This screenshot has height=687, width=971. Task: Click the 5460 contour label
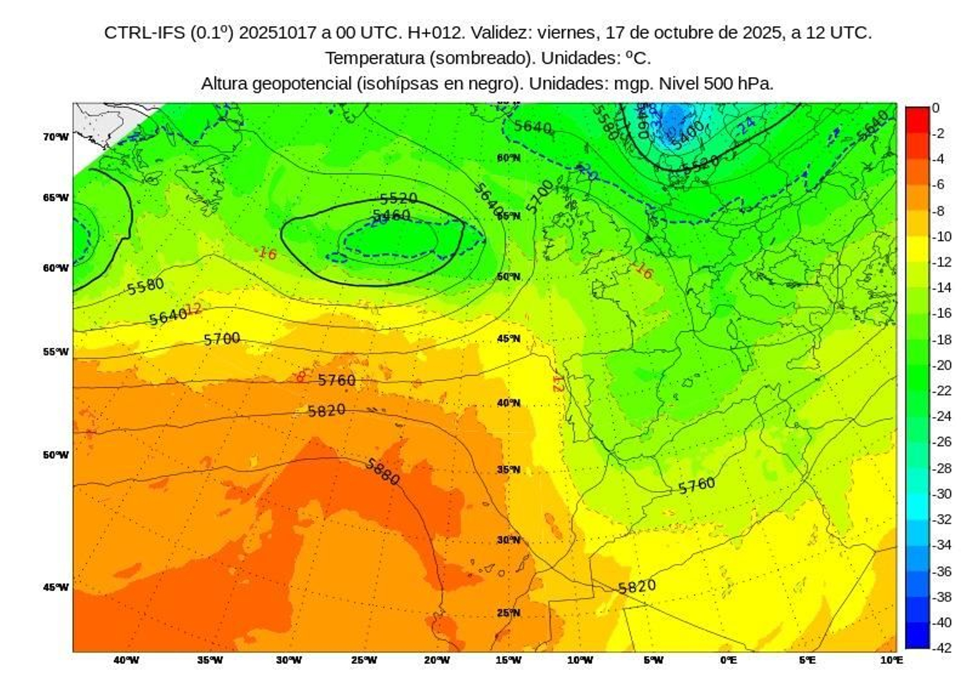click(391, 215)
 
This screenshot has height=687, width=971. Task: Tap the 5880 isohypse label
click(382, 472)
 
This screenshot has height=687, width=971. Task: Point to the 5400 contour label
click(688, 135)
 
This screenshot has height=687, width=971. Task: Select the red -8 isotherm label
click(300, 377)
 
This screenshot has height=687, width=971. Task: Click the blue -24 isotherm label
click(746, 125)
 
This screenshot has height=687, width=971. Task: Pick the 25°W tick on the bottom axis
click(364, 660)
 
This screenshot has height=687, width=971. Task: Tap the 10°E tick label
click(890, 660)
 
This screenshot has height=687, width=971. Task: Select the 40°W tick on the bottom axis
click(126, 660)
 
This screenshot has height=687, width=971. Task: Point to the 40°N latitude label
click(509, 403)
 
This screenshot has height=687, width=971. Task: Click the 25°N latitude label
click(509, 613)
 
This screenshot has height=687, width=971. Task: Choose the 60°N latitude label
click(509, 158)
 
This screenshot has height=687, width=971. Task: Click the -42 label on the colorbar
click(942, 648)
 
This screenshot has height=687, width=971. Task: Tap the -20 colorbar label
click(942, 365)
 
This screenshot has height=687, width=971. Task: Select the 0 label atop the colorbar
click(936, 108)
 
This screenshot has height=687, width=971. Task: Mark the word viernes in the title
click(566, 32)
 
